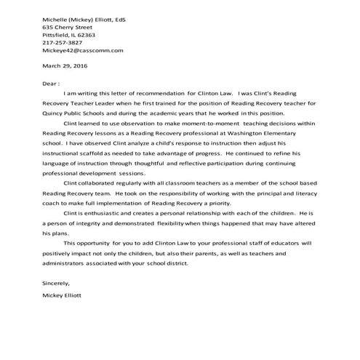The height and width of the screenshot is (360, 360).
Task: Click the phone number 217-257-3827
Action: coord(63,42)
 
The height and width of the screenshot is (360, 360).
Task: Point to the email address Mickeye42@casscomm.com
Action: coord(83,51)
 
